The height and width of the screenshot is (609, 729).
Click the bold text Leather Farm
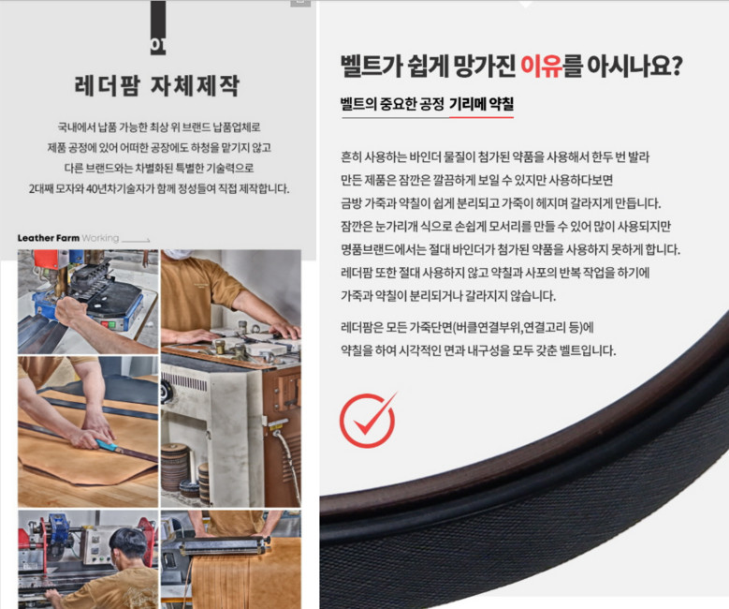[48, 238]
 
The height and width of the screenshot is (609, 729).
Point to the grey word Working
[100, 238]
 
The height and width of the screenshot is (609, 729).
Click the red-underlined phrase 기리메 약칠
[480, 105]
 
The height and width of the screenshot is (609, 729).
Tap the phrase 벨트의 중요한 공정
[390, 105]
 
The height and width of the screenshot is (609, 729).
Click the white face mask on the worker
[180, 255]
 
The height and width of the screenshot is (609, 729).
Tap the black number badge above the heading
[157, 43]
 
